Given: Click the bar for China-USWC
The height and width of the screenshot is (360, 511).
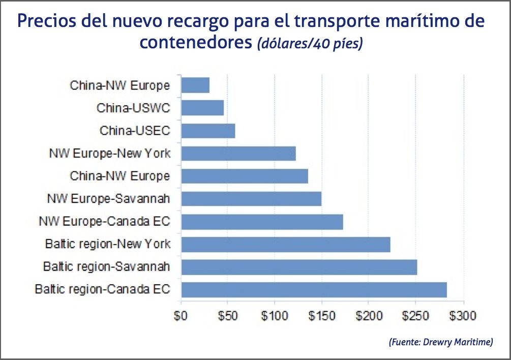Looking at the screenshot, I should coord(202,108).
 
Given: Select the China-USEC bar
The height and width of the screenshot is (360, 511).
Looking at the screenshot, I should coord(208,131).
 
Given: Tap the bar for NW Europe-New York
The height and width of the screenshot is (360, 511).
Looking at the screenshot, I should coord(238,153).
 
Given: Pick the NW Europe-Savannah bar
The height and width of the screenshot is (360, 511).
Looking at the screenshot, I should coord(251,198).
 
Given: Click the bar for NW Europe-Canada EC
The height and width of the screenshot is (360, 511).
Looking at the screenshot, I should coord(262,222).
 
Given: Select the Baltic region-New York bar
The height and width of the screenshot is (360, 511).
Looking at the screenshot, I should coord(285,245).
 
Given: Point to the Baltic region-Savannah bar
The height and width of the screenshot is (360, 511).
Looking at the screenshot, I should coord(299,267).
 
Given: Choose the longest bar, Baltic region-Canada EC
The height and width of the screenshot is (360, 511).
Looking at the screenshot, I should coord(314,290).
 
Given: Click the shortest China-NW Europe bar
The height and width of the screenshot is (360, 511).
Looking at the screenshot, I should coord(195,85).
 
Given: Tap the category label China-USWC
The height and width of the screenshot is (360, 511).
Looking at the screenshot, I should coord(133,108).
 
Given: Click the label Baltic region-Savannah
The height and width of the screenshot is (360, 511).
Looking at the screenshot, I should coord(106,266).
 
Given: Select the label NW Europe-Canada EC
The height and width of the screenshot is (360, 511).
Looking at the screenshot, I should coord(104,222).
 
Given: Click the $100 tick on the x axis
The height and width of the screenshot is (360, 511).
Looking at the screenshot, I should coord(275,316).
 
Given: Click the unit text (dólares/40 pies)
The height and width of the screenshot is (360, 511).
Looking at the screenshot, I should coord(310,44).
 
